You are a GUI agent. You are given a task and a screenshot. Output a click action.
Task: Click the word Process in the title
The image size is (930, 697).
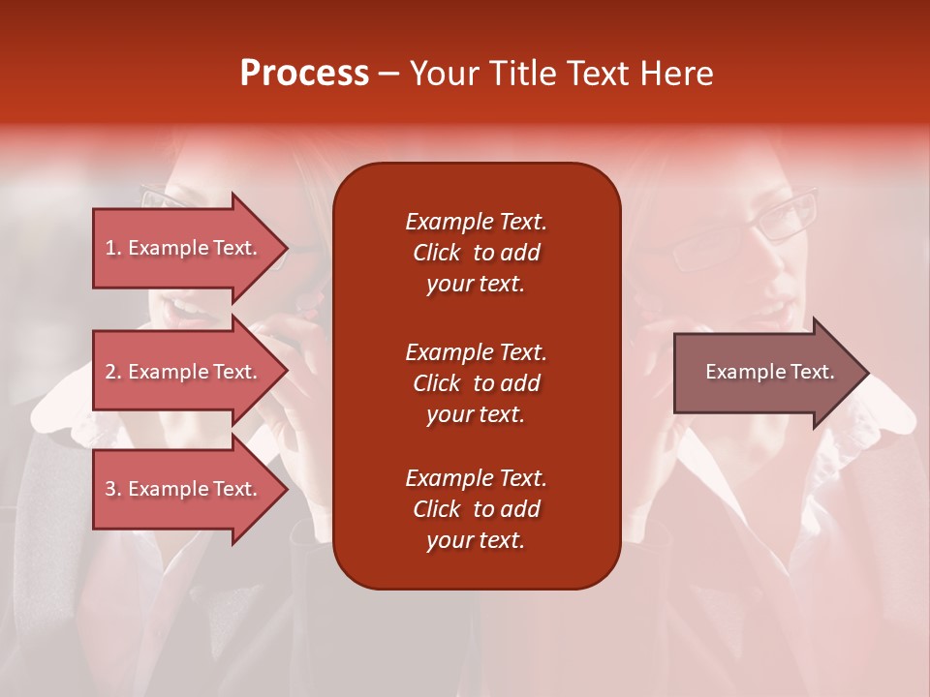(x=304, y=74)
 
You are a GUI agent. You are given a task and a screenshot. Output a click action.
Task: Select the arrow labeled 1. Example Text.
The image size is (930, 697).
(x=184, y=248)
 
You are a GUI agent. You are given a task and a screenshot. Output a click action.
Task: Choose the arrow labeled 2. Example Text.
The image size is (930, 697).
(x=184, y=372)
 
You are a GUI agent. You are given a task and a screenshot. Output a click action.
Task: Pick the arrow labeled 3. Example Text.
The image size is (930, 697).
(x=184, y=489)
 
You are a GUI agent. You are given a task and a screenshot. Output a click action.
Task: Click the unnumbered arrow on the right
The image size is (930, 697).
(x=765, y=373)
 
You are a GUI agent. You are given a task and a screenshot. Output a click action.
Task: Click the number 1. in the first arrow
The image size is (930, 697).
(x=113, y=248)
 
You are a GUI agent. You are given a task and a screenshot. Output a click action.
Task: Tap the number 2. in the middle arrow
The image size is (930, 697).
(x=113, y=372)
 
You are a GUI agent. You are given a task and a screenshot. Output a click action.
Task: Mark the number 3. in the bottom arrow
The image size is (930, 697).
(x=113, y=489)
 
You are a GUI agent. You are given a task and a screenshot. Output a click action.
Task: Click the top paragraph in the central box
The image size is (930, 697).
(x=476, y=253)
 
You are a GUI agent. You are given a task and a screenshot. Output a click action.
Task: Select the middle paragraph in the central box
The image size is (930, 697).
(x=476, y=383)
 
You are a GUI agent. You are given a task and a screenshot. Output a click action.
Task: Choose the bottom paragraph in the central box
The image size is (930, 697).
(x=476, y=509)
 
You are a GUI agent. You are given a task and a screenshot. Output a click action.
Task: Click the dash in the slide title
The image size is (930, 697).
(x=388, y=75)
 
